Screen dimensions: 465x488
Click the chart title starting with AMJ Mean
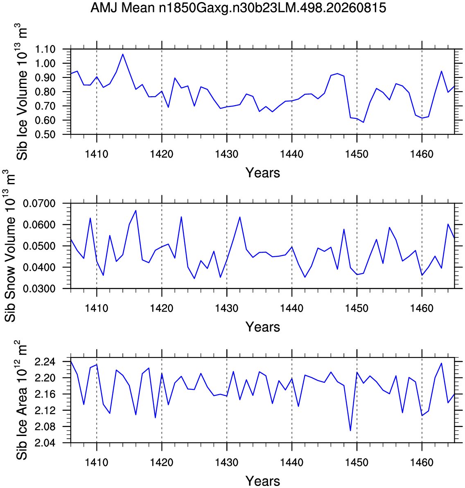238,8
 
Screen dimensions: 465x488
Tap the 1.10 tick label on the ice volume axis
45,49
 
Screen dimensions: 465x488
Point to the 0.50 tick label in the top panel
45,134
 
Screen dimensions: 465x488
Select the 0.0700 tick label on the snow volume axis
39,203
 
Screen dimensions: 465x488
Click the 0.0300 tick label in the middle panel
39,289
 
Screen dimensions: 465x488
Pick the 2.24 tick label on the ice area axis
45,361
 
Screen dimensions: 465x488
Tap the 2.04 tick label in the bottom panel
45,443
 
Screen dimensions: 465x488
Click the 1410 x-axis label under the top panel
97,154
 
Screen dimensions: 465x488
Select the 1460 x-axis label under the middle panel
422,308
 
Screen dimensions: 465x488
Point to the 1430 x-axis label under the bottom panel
227,462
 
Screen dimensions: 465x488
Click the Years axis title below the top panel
263,173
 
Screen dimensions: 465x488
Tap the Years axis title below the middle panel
263,327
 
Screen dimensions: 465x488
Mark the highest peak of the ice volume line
123,54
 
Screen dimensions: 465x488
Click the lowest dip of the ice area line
350,431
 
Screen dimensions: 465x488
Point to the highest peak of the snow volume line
136,210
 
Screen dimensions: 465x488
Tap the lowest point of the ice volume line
363,122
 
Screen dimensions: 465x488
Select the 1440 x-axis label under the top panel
291,154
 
